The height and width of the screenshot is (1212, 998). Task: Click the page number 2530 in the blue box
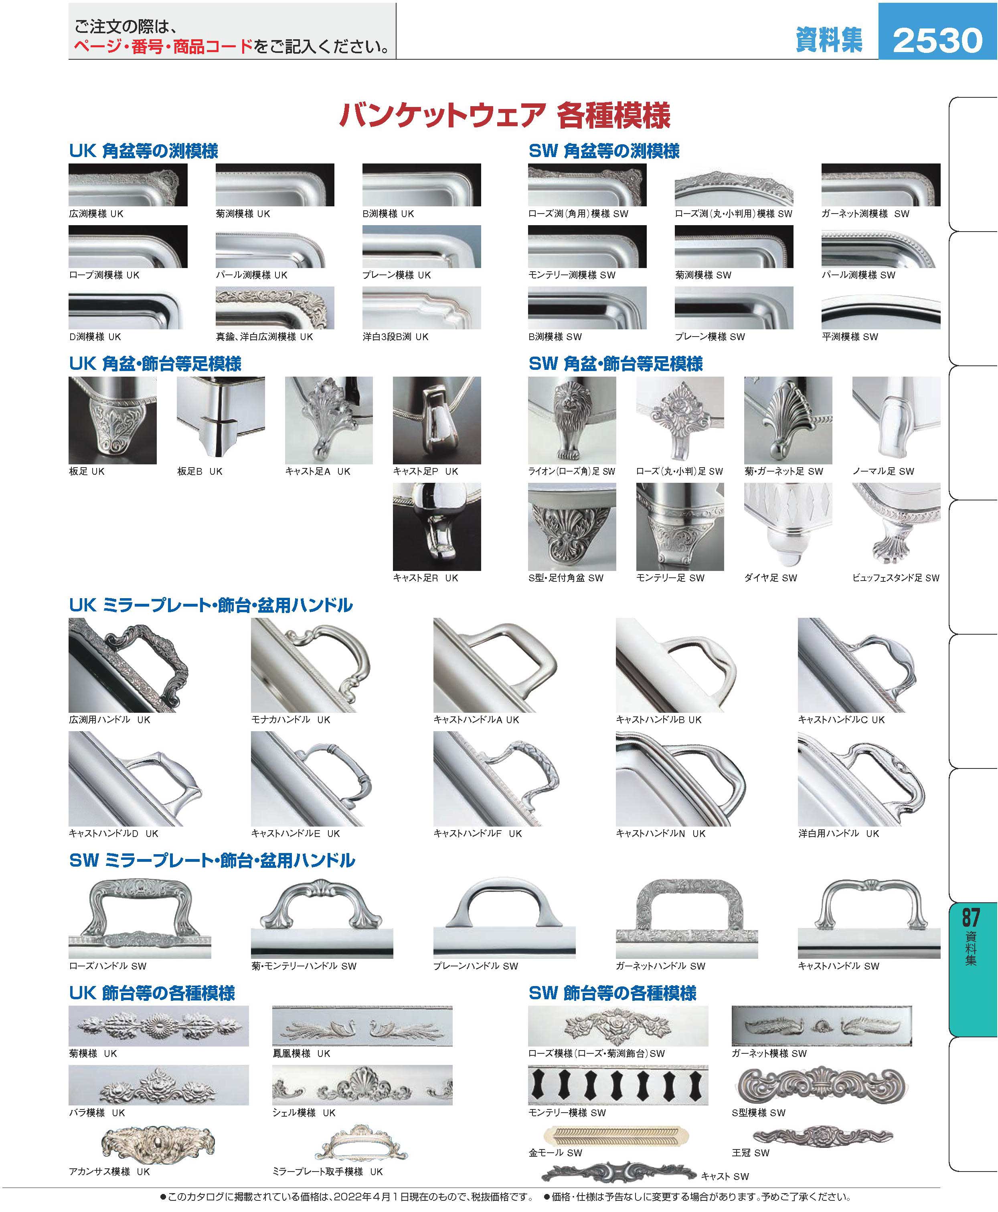point(937,40)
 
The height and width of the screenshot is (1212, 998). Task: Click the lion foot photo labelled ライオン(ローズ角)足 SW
point(572,420)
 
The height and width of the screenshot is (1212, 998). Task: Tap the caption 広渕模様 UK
point(96,214)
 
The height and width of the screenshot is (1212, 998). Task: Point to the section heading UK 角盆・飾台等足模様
point(155,364)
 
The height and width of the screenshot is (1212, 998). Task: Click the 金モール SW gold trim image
point(616,1135)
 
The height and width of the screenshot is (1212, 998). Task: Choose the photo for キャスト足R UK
point(437,527)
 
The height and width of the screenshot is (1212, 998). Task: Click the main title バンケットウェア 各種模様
point(504,115)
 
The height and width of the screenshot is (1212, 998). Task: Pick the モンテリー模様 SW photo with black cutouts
point(618,1085)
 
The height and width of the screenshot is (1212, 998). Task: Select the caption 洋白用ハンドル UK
point(839,833)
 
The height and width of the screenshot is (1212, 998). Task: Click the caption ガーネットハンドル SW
point(660,966)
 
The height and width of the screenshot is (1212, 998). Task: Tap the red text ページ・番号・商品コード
point(163,46)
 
